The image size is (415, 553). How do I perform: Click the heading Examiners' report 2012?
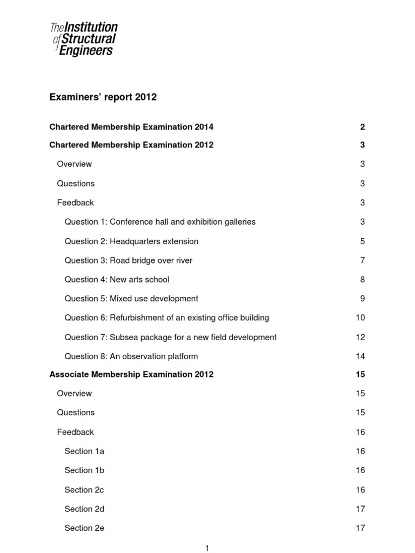pyautogui.click(x=103, y=97)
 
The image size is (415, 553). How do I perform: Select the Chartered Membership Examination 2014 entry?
pyautogui.click(x=131, y=127)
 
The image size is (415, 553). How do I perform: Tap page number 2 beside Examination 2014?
pyautogui.click(x=363, y=127)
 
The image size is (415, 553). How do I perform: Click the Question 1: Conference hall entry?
pyautogui.click(x=160, y=221)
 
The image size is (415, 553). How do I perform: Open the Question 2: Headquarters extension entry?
pyautogui.click(x=131, y=241)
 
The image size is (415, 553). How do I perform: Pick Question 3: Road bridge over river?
pyautogui.click(x=128, y=260)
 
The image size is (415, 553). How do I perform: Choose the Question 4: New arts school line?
pyautogui.click(x=117, y=279)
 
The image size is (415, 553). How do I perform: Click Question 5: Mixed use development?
pyautogui.click(x=131, y=299)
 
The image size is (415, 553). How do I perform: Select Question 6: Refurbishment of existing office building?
pyautogui.click(x=166, y=318)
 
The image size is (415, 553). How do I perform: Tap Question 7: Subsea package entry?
pyautogui.click(x=170, y=337)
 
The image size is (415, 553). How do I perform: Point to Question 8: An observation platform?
pyautogui.click(x=131, y=356)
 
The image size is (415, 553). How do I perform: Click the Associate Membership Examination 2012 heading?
pyautogui.click(x=131, y=374)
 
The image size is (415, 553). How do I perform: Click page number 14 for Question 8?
pyautogui.click(x=360, y=356)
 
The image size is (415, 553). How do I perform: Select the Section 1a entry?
pyautogui.click(x=84, y=451)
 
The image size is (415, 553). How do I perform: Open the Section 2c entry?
pyautogui.click(x=84, y=490)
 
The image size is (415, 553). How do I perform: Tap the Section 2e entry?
pyautogui.click(x=84, y=528)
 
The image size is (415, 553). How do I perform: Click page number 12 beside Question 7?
pyautogui.click(x=360, y=337)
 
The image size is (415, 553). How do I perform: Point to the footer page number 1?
pyautogui.click(x=207, y=548)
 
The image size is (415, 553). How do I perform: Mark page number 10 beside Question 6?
pyautogui.click(x=360, y=318)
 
